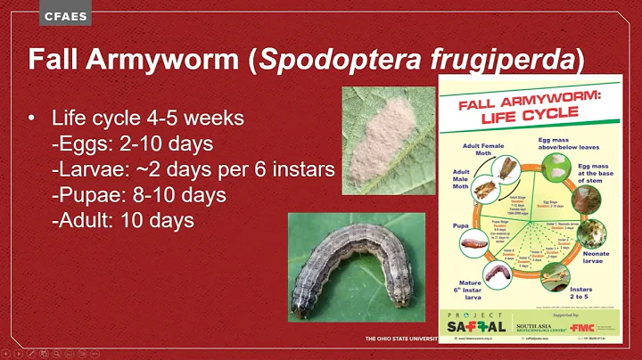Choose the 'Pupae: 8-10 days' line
click(138, 194)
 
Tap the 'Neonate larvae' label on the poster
click(596, 258)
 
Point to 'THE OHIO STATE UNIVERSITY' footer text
click(399, 341)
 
